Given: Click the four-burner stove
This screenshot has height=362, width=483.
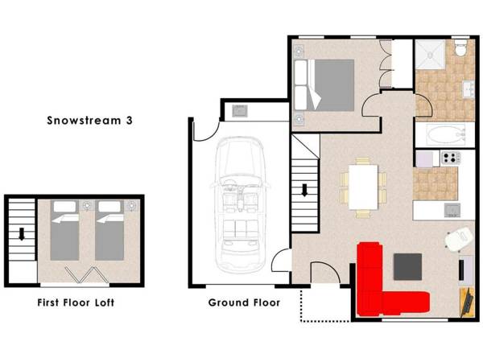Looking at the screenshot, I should coord(448,157).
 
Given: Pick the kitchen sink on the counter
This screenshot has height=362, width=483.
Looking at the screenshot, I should coord(454,210).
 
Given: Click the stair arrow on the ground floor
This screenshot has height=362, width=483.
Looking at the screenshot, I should coord(306,191).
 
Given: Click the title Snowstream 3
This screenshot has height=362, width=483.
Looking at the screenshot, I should coord(89,121).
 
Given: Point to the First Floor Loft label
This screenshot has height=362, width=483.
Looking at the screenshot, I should coord(76,303).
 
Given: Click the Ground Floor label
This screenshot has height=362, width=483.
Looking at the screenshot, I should coord(244,303).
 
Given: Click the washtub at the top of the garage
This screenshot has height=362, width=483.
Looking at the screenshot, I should coord(241,110).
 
